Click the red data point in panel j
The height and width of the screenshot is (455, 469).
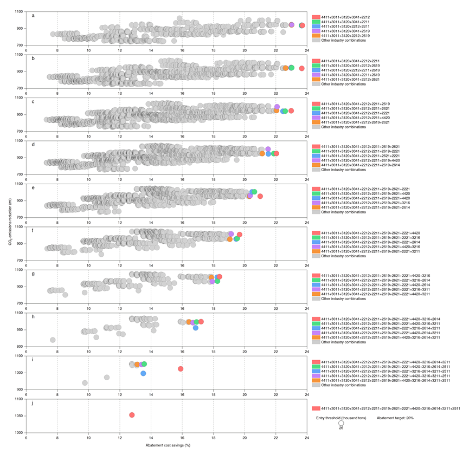[x=132, y=415]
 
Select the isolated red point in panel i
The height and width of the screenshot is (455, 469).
[x=181, y=369]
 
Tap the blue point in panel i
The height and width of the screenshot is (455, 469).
[x=143, y=373]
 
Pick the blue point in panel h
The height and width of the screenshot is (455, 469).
[x=196, y=328]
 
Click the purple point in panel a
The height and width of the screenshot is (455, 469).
[x=292, y=25]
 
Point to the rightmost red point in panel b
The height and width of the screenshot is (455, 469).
[x=301, y=68]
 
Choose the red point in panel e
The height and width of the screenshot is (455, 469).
[x=260, y=196]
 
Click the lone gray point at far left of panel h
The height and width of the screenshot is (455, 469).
[x=53, y=340]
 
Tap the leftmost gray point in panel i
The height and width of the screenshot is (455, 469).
[x=85, y=383]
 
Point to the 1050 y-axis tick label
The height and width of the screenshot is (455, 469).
[x=18, y=416]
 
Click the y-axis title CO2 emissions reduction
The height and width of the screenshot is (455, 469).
[x=10, y=222]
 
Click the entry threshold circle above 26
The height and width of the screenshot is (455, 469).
[x=341, y=423]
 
